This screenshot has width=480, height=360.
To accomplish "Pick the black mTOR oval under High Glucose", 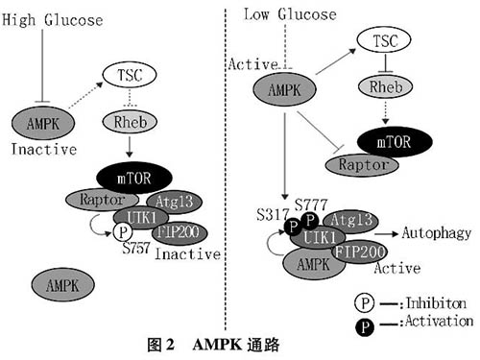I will [133, 177].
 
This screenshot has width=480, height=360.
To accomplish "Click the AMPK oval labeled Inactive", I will [39, 122].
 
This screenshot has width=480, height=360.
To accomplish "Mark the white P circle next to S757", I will [122, 232].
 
